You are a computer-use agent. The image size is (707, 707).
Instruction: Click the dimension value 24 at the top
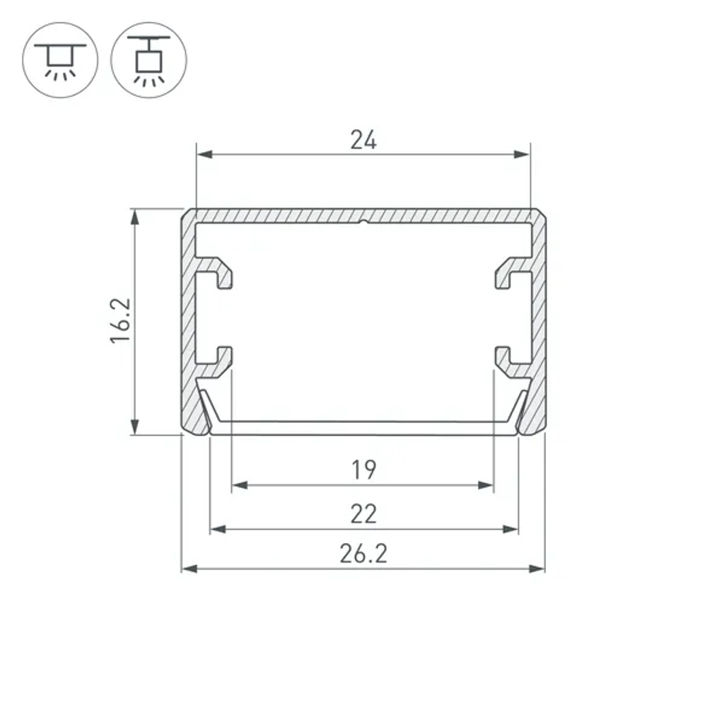363,141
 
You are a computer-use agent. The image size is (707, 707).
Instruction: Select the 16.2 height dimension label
120,320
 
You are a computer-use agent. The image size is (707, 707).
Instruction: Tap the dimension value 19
363,469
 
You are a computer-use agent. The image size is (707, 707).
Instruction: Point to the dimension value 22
363,514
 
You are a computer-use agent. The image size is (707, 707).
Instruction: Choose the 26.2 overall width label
363,554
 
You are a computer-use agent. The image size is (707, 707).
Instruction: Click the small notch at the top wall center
363,223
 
